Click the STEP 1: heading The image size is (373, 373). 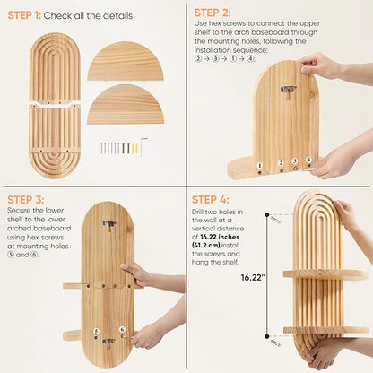tap(24, 15)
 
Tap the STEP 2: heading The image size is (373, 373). tap(213, 13)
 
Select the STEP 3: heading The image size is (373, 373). tap(26, 200)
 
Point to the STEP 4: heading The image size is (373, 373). tap(211, 199)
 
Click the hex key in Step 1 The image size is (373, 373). tap(143, 145)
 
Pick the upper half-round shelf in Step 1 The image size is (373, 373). tap(126, 61)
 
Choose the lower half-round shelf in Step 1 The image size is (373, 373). tap(126, 105)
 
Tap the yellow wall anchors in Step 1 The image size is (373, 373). tap(134, 149)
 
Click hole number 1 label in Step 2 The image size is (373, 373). tap(259, 165)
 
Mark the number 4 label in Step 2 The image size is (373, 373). tap(308, 160)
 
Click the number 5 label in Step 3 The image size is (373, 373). tap(96, 331)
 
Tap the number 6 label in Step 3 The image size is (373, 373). tap(122, 329)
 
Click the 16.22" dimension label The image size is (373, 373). tap(253, 278)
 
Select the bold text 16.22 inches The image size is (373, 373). tap(220, 237)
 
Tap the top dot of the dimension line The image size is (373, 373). tap(267, 214)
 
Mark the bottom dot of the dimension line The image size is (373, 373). tap(267, 336)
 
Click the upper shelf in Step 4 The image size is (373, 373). tap(325, 274)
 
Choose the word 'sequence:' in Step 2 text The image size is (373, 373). tap(250, 50)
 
